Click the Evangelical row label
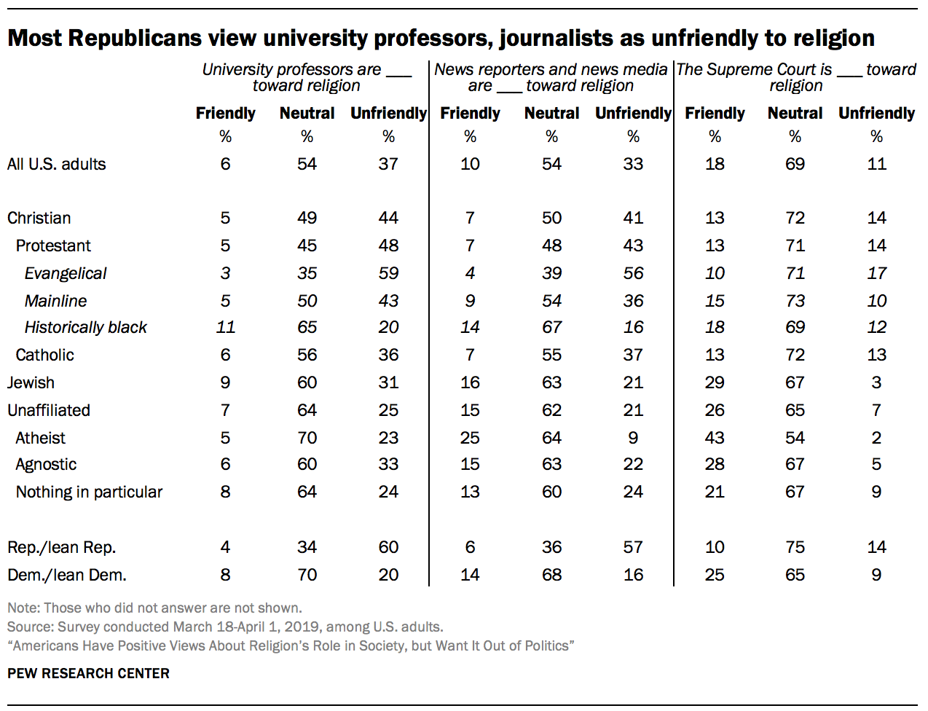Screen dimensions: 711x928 point(65,273)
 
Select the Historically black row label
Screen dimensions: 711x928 point(85,327)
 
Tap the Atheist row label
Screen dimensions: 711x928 point(40,438)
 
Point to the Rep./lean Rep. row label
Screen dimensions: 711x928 point(61,547)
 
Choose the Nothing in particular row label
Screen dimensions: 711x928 point(89,492)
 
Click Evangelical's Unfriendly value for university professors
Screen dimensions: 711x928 point(388,273)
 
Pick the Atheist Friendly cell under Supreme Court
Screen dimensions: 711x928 point(715,438)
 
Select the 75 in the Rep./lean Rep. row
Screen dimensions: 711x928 point(795,547)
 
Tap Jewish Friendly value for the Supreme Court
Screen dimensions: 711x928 point(715,382)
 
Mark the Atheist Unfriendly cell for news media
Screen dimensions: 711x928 point(633,438)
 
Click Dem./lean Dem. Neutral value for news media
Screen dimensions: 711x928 point(551,575)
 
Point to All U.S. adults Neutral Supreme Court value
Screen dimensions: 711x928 point(795,164)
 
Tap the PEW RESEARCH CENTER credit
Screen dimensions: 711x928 point(88,673)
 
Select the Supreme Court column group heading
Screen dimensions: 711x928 point(796,77)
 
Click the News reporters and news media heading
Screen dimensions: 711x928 point(551,77)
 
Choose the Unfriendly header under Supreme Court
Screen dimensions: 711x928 point(876,113)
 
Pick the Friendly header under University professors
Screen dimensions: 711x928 point(225,113)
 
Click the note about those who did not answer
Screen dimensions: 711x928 point(154,608)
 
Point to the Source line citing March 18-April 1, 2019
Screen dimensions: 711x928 point(225,626)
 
